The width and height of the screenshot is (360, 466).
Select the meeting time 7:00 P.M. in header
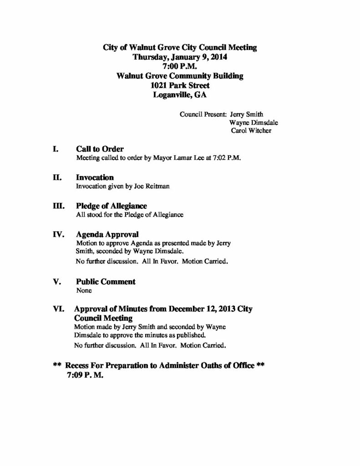coord(180,66)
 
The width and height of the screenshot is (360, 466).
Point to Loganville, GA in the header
coord(180,95)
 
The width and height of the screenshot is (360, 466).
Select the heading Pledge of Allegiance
coord(112,206)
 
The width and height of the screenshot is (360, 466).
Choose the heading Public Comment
coord(106,282)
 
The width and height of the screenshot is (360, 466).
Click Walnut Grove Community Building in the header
coord(180,76)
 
